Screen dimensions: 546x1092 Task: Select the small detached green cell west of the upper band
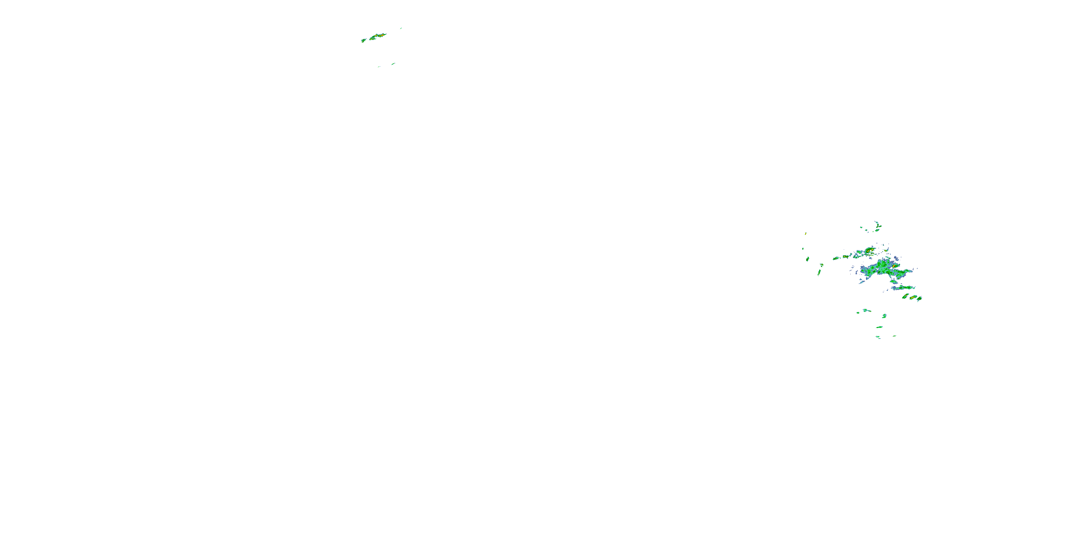[363, 41]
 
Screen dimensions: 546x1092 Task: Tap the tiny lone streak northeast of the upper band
[401, 28]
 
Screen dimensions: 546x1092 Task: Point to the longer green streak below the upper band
[393, 64]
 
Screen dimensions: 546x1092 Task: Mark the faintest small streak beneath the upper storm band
[379, 67]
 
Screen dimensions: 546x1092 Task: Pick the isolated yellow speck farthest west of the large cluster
[806, 233]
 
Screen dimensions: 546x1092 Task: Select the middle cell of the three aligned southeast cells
[912, 297]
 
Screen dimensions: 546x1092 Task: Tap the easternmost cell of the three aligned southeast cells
[919, 299]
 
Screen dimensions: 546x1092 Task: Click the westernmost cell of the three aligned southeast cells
[906, 296]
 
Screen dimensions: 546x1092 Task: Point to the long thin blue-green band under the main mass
[903, 288]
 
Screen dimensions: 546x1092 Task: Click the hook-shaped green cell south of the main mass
[884, 316]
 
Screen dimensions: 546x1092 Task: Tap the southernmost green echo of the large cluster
[878, 337]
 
